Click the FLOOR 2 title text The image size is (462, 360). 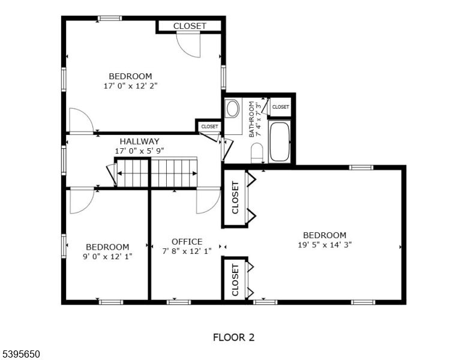pos(233,337)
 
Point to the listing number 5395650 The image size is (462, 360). pos(20,355)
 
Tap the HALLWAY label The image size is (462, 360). pos(139,142)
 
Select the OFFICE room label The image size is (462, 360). pos(187,242)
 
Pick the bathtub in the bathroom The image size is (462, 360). pos(280,142)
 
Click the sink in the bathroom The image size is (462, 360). pos(232,109)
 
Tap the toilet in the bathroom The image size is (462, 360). pos(257,152)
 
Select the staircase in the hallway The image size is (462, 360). pos(157,173)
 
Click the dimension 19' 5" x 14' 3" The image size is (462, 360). pos(324,245)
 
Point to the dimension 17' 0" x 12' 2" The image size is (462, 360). pos(130,86)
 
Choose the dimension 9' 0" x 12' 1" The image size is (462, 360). pos(107,256)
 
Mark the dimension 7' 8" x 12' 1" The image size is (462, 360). pos(187,251)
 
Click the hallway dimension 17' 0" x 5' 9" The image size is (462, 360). pos(139,151)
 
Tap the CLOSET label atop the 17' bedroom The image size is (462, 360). pos(190,26)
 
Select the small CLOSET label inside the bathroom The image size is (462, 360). pos(280,107)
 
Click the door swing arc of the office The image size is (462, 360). pos(208,202)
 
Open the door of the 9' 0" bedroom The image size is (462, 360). pos(82,202)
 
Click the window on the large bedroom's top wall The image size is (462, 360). pos(361,167)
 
